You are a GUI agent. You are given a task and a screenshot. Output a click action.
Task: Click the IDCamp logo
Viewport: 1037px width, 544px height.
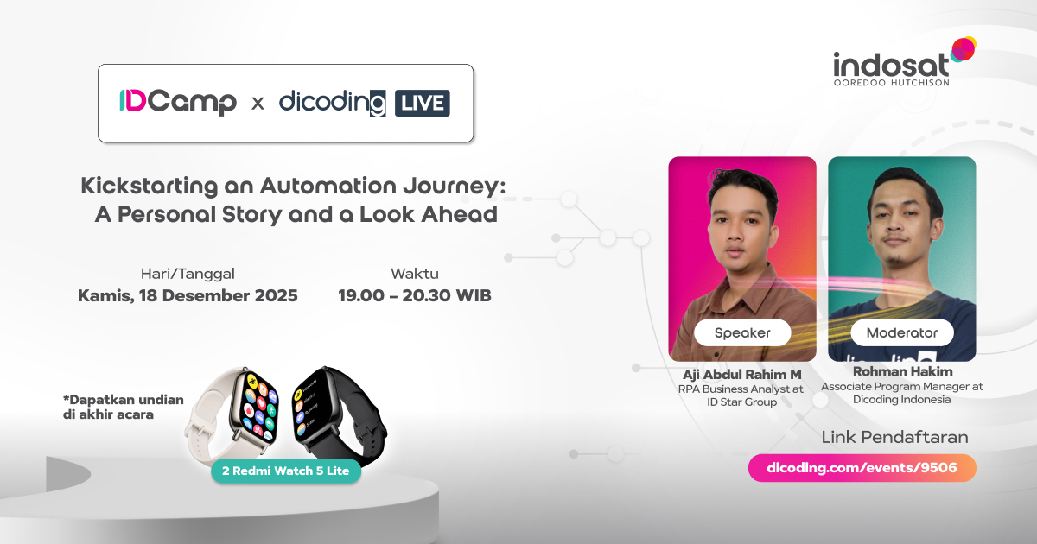tap(178, 102)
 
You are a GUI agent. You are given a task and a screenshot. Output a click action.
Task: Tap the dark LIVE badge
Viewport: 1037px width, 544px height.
tap(423, 103)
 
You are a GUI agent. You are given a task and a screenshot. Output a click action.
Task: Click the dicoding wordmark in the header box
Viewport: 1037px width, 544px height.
tap(333, 103)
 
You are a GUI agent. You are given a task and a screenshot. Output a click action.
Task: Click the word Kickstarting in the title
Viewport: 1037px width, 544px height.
tap(149, 187)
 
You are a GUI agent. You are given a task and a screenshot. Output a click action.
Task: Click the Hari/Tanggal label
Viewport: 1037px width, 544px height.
tap(188, 274)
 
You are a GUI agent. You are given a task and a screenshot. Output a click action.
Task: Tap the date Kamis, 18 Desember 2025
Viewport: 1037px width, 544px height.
tap(188, 295)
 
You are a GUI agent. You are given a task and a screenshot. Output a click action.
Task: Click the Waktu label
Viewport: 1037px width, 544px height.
tap(414, 274)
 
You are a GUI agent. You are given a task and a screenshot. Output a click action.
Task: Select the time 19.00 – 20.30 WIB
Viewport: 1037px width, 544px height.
tap(414, 295)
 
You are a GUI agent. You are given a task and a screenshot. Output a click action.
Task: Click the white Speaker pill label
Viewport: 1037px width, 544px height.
tap(742, 332)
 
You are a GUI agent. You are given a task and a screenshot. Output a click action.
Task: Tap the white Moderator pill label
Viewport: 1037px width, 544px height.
tap(902, 332)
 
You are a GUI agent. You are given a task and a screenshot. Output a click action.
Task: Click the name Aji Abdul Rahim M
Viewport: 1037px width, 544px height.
tap(741, 374)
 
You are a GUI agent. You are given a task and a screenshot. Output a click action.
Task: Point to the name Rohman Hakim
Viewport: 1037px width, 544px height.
tap(902, 371)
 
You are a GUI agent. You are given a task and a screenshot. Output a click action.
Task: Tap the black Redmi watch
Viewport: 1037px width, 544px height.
tap(339, 414)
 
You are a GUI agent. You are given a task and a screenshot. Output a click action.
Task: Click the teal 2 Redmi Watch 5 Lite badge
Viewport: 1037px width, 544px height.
tap(286, 471)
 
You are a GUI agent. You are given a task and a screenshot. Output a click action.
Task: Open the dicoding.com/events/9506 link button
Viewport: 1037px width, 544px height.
tap(862, 468)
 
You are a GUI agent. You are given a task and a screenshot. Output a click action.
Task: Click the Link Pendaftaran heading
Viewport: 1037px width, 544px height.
tap(894, 437)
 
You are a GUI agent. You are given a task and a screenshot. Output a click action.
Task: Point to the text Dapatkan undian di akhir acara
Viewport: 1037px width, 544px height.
tap(123, 407)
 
